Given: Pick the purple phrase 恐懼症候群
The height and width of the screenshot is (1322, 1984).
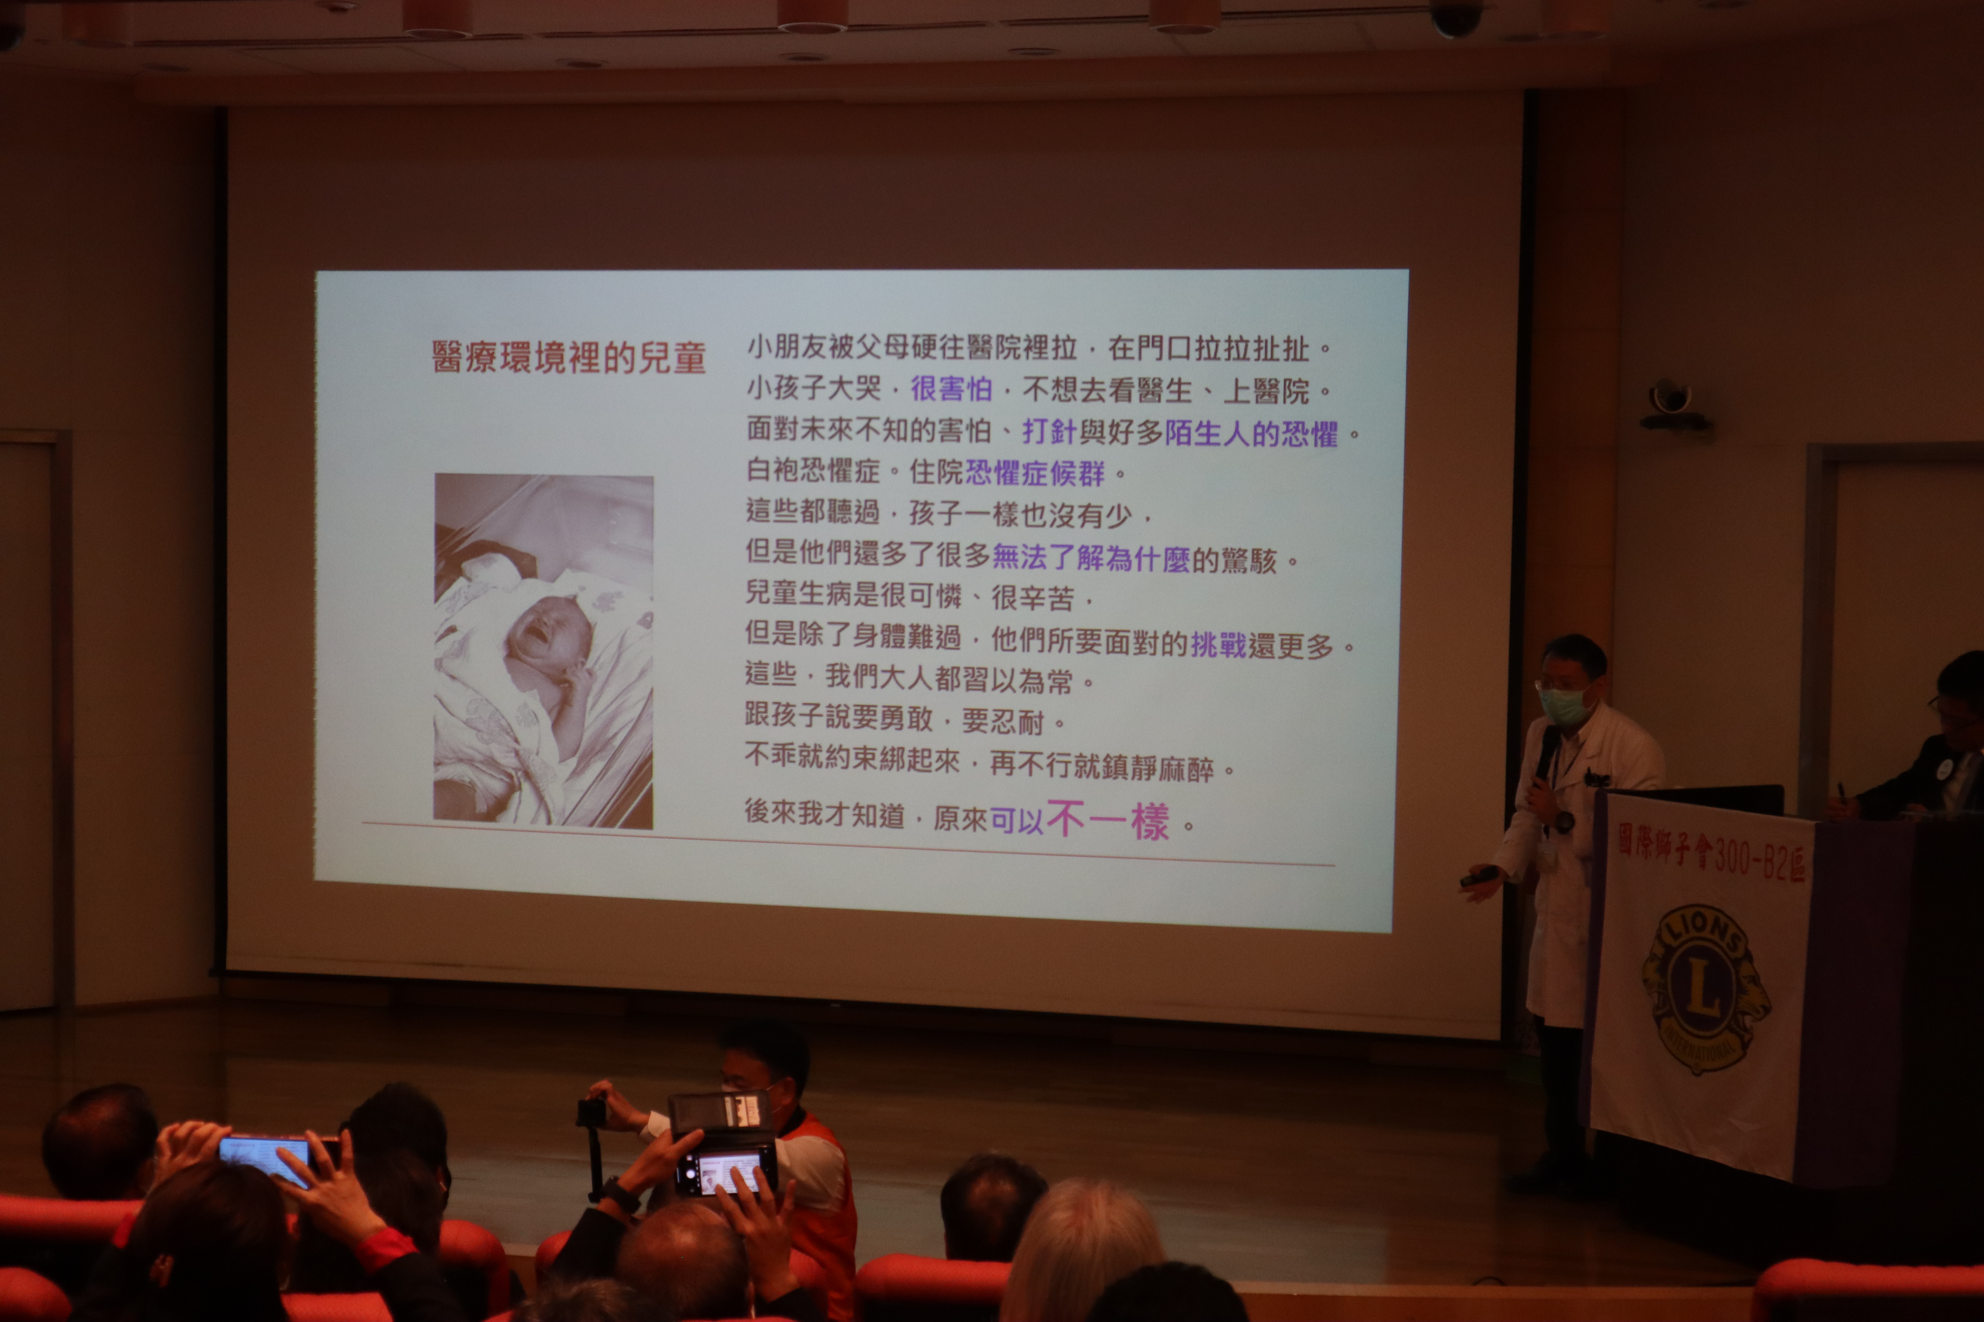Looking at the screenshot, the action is click(x=1034, y=473).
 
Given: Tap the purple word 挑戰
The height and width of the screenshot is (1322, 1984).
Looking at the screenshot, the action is click(x=1218, y=645).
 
